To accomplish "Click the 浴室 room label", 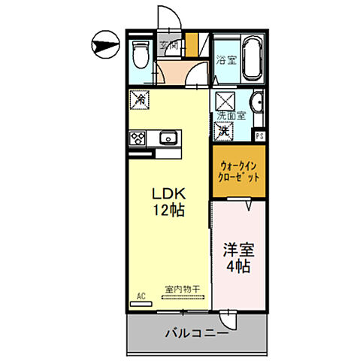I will point(226,60).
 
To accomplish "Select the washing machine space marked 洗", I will point(225,130).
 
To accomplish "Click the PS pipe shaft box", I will point(259,136).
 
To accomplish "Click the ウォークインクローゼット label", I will point(240,172).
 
